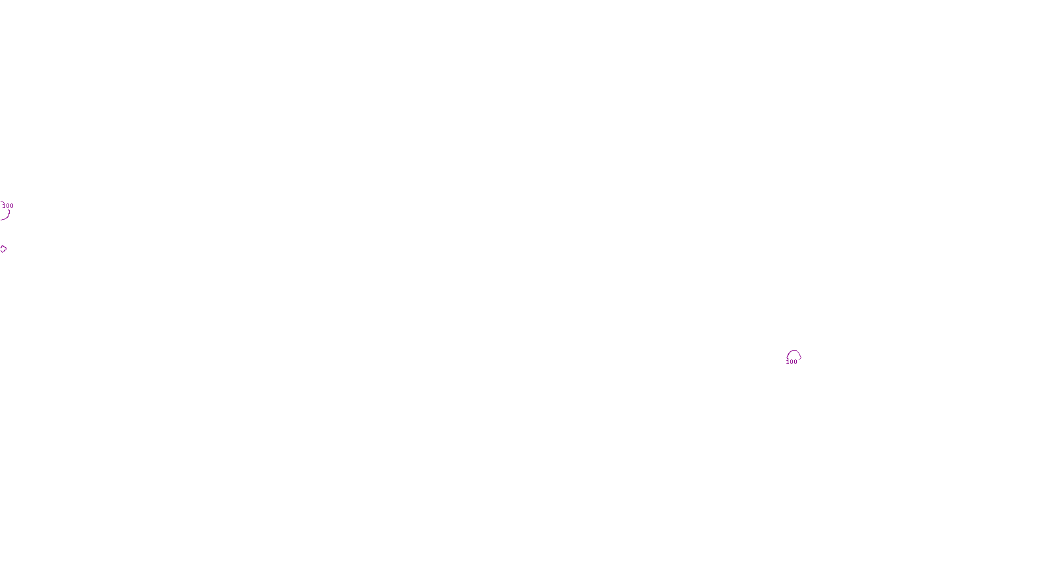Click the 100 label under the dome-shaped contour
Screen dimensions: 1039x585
pos(792,362)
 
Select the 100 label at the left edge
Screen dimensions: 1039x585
pos(8,205)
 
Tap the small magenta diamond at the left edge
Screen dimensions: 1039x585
pos(3,249)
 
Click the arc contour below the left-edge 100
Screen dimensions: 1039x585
pos(6,215)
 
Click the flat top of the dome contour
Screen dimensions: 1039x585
pos(794,352)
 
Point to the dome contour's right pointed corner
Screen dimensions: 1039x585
pos(801,356)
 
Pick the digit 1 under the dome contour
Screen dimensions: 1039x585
pos(788,362)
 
